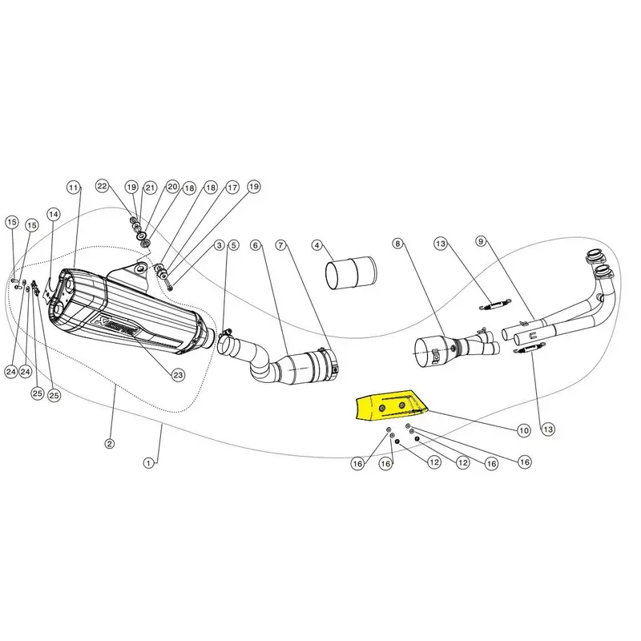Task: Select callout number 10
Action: pyautogui.click(x=524, y=430)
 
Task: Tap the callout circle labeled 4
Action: pyautogui.click(x=317, y=245)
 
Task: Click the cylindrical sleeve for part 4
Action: pyautogui.click(x=351, y=273)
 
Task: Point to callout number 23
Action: pyautogui.click(x=178, y=375)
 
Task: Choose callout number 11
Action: pyautogui.click(x=73, y=187)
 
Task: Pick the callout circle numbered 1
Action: pyautogui.click(x=149, y=463)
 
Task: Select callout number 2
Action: pyautogui.click(x=109, y=444)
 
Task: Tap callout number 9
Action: pyautogui.click(x=481, y=241)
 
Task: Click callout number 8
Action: pyautogui.click(x=397, y=244)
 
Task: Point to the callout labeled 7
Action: pyautogui.click(x=280, y=245)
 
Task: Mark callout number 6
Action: pyautogui.click(x=256, y=245)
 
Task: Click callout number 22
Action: pyautogui.click(x=102, y=186)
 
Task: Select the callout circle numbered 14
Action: pyautogui.click(x=53, y=214)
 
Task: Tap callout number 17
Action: pyautogui.click(x=232, y=187)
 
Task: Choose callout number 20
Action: pyautogui.click(x=172, y=187)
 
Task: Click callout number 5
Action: pyautogui.click(x=233, y=245)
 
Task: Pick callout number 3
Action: pyautogui.click(x=220, y=245)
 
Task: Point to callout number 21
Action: pyautogui.click(x=151, y=187)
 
